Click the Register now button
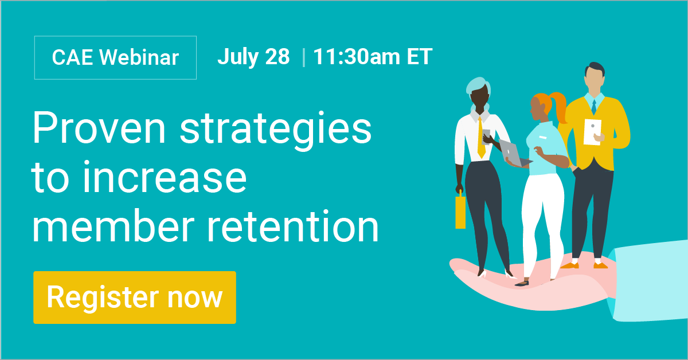[x=135, y=298]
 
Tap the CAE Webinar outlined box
[x=115, y=57]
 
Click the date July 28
[x=253, y=57]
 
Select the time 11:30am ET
[x=372, y=57]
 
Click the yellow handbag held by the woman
[x=460, y=210]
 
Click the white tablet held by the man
[x=592, y=131]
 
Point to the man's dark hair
[x=593, y=69]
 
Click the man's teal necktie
[x=594, y=107]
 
